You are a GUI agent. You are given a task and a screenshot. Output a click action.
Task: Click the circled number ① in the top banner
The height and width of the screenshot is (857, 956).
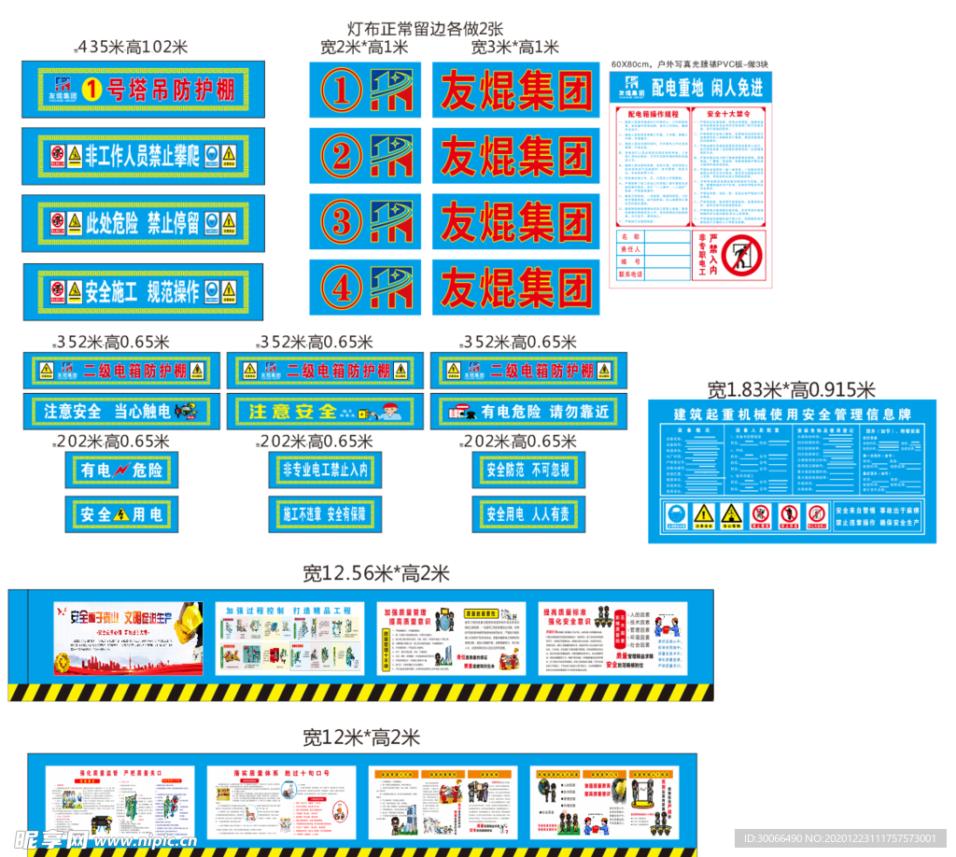[x=343, y=91]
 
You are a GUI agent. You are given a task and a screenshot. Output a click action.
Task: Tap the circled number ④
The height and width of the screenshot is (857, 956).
[x=343, y=287]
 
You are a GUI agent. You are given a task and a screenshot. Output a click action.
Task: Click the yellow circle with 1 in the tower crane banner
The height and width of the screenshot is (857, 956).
[x=91, y=90]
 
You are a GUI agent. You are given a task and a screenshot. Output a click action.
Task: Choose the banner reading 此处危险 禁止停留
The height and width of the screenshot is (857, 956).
[x=142, y=222]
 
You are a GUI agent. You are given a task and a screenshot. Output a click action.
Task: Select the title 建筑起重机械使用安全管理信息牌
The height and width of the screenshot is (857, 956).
[x=792, y=413]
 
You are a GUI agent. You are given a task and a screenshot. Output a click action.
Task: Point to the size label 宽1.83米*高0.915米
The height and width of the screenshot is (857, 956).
[x=791, y=389]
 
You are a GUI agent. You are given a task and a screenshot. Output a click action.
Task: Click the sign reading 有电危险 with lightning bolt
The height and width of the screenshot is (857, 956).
[x=121, y=471]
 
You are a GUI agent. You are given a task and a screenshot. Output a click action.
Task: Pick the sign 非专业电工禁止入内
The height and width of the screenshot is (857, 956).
[x=325, y=470]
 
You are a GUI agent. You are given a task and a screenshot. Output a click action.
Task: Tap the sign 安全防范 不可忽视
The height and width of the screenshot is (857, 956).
[x=528, y=470]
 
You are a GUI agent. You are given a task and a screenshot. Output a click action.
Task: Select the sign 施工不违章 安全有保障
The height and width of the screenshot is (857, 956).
[x=325, y=513]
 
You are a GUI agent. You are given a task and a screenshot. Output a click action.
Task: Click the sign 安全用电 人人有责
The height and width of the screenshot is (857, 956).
[x=528, y=513]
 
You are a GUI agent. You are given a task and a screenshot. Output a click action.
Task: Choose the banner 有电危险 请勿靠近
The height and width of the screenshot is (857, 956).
[x=528, y=411]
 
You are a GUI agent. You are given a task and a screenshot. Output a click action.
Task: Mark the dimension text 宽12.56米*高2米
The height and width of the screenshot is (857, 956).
[x=376, y=573]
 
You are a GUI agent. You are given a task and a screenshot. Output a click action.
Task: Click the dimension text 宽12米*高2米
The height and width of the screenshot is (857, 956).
[x=361, y=738]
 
